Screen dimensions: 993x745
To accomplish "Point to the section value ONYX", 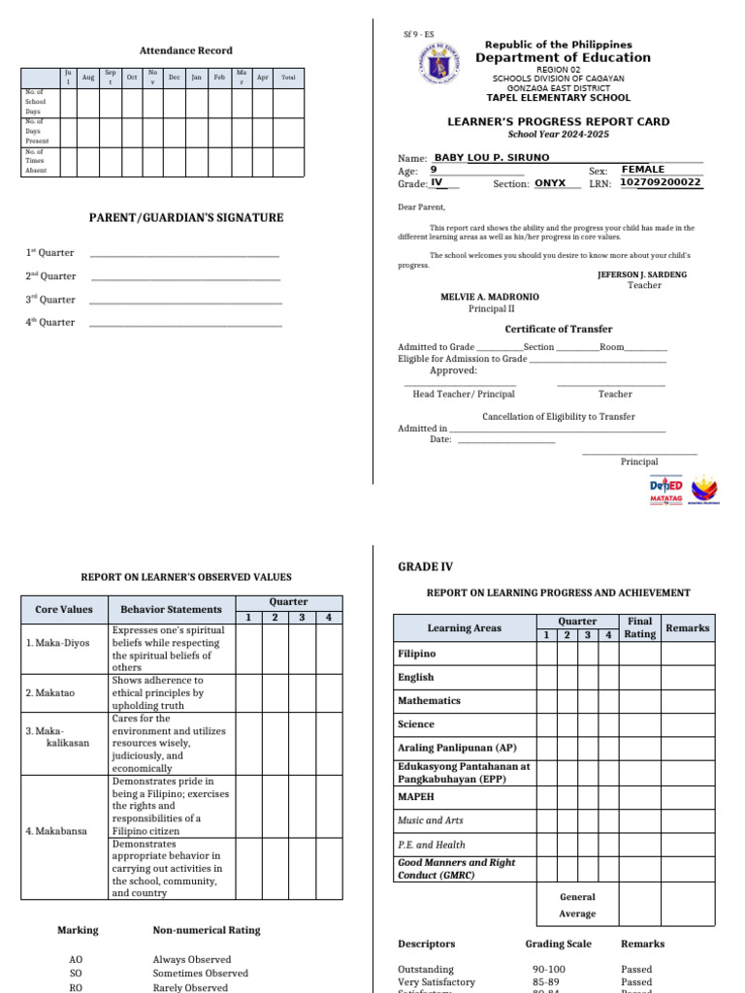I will [556, 182].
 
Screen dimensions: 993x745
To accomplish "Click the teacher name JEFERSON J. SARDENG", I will [641, 274].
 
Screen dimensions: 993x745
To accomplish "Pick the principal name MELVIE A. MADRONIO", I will [490, 297].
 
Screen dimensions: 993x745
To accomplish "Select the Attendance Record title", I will [186, 50].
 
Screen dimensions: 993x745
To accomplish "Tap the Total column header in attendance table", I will [288, 78].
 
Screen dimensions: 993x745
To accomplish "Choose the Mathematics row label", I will [429, 700].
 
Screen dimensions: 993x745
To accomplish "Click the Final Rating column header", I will [639, 627].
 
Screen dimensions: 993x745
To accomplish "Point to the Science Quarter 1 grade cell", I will [546, 724].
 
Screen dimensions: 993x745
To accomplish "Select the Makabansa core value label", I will [55, 831].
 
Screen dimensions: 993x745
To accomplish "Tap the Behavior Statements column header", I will [171, 609].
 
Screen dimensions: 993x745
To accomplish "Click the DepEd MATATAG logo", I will [666, 491].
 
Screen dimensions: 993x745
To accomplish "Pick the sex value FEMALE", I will [643, 170].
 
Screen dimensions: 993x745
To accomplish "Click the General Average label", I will [577, 905].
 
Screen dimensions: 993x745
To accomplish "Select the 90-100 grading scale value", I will [549, 969].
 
